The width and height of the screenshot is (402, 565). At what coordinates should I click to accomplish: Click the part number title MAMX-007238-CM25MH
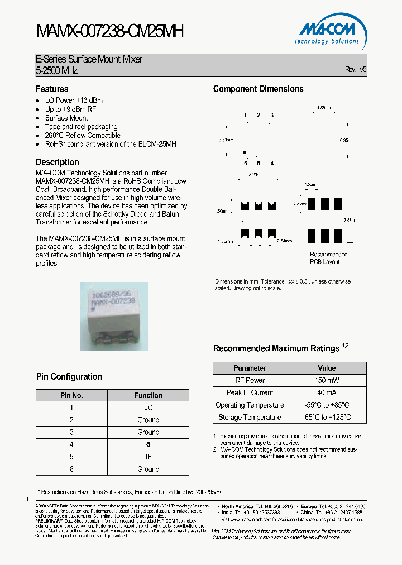coord(109,32)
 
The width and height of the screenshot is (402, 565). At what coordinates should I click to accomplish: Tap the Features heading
coord(52,89)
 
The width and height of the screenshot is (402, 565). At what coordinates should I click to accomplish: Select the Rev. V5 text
coord(356,70)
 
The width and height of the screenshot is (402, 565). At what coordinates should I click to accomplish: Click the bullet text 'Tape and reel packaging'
coord(81,127)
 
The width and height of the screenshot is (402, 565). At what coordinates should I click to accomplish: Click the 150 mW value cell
coord(327,380)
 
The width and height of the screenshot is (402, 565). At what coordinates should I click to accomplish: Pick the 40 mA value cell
coord(327,392)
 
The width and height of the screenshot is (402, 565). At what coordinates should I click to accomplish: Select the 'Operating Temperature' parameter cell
coord(250,405)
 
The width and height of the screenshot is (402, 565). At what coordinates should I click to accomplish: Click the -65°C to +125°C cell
coord(327,417)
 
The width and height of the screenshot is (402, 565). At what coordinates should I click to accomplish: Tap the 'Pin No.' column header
coord(71,395)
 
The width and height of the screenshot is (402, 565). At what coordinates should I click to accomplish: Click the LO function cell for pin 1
coord(148,408)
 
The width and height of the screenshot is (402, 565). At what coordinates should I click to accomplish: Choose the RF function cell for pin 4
coord(148,444)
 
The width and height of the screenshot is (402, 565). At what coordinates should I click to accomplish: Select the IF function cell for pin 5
coord(148,457)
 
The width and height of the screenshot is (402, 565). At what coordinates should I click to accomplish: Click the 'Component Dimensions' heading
coord(259,89)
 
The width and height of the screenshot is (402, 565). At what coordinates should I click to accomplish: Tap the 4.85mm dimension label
coord(324,107)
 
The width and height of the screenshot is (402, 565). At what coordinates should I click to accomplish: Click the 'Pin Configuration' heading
coord(69,376)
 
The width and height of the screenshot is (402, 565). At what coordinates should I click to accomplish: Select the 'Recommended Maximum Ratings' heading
coord(276,348)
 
